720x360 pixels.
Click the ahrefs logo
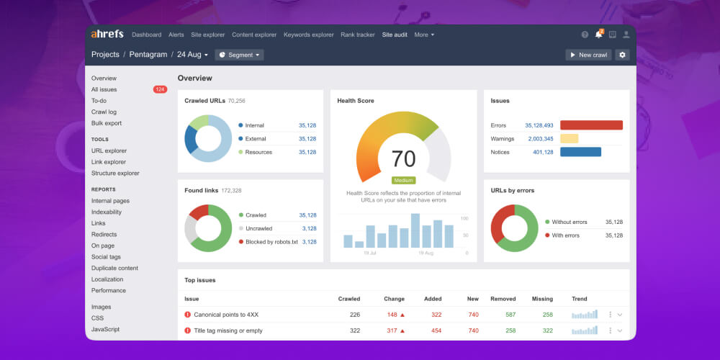tap(107, 34)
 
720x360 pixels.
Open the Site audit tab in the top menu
tap(395, 35)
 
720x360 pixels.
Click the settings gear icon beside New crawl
tap(622, 55)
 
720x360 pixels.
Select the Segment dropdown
tap(239, 55)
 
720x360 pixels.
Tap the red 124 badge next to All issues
tap(160, 89)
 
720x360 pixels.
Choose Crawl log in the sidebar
tap(104, 112)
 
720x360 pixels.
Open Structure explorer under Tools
tap(115, 173)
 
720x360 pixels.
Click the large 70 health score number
tap(403, 158)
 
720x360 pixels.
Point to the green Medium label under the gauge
tap(403, 180)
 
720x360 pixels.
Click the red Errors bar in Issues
tap(591, 125)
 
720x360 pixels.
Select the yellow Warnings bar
tap(569, 138)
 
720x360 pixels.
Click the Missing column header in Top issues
tap(542, 299)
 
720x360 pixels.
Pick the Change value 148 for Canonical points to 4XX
tap(392, 315)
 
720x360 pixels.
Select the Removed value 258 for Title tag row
tap(510, 330)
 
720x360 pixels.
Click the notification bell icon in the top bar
tap(598, 34)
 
